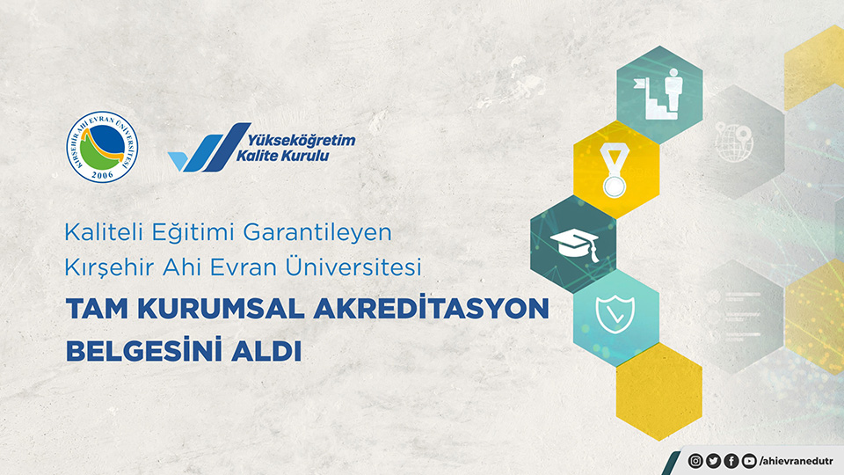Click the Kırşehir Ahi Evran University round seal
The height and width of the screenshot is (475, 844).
(x=102, y=147)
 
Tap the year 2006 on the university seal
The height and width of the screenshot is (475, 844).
(x=102, y=174)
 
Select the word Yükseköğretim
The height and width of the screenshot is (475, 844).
(x=302, y=141)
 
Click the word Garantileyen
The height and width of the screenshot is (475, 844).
(x=317, y=232)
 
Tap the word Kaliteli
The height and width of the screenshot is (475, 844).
(x=104, y=232)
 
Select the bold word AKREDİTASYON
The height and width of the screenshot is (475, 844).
(x=431, y=308)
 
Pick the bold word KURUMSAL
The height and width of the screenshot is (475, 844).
(x=222, y=309)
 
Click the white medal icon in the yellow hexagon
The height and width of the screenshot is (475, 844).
(x=615, y=170)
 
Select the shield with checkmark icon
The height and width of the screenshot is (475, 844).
(x=615, y=314)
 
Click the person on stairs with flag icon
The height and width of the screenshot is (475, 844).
(x=658, y=93)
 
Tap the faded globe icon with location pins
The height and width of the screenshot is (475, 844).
(x=734, y=142)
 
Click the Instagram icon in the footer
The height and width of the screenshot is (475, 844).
(x=695, y=461)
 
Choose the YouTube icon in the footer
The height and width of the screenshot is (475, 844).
(x=749, y=461)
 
